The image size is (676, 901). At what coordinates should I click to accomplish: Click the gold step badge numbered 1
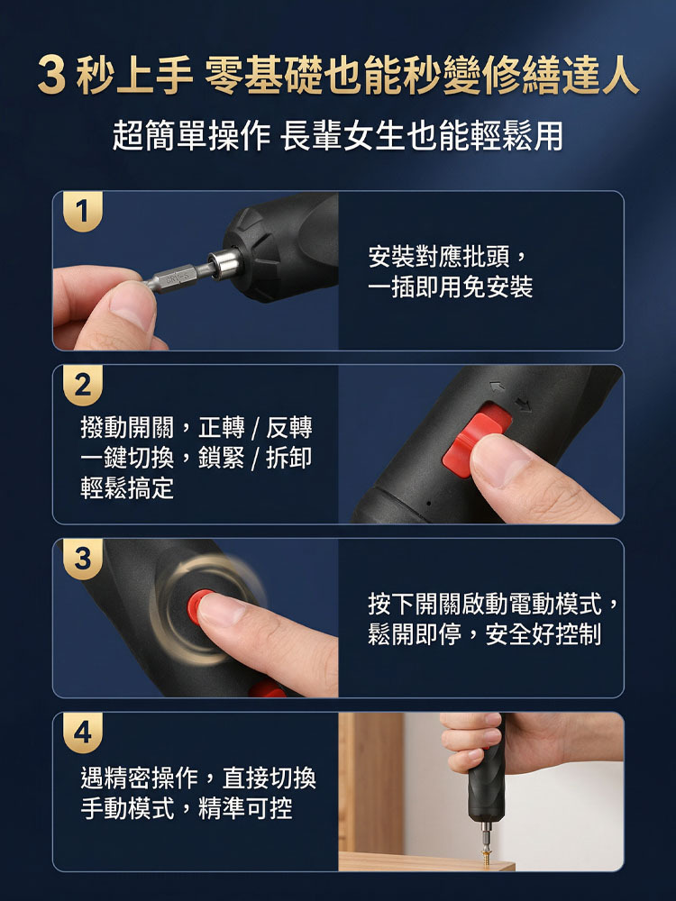(83, 211)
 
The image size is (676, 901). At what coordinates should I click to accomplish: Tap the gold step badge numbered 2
(83, 385)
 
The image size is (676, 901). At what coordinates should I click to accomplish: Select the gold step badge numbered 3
(83, 559)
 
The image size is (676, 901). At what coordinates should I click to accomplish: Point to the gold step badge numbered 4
(83, 733)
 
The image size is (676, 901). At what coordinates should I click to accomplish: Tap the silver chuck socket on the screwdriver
(224, 264)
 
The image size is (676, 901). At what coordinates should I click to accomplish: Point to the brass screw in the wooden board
(487, 856)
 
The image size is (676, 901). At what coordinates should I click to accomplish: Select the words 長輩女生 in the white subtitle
(343, 136)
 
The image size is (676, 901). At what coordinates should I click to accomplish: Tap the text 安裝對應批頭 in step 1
(439, 256)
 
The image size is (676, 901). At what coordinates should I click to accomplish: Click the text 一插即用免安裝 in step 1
(451, 287)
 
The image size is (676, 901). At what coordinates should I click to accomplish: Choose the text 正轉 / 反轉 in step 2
(255, 427)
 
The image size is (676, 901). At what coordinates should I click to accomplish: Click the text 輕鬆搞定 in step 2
(127, 488)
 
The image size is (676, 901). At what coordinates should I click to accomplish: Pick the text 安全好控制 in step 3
(544, 634)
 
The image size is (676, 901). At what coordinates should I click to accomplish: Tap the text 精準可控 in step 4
(245, 808)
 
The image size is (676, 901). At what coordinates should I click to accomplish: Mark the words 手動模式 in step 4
(127, 808)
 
